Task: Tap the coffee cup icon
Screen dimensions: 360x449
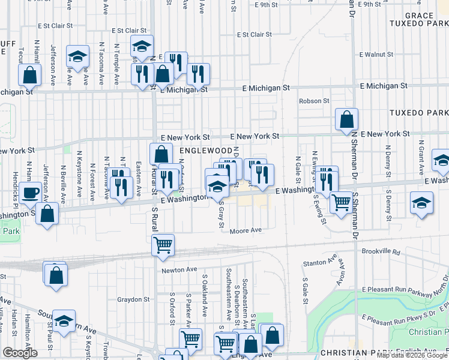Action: tap(30, 193)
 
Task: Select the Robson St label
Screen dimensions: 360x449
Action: tap(315, 101)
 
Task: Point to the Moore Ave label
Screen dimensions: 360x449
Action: tap(246, 230)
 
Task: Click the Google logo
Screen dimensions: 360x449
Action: tap(20, 353)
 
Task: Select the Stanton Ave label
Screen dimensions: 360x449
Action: tap(320, 262)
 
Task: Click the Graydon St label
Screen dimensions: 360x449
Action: tap(133, 299)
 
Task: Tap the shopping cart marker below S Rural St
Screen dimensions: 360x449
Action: tap(163, 245)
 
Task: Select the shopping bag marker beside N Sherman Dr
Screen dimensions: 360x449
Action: tap(346, 119)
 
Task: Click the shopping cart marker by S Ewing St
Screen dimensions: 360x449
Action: tap(342, 203)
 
